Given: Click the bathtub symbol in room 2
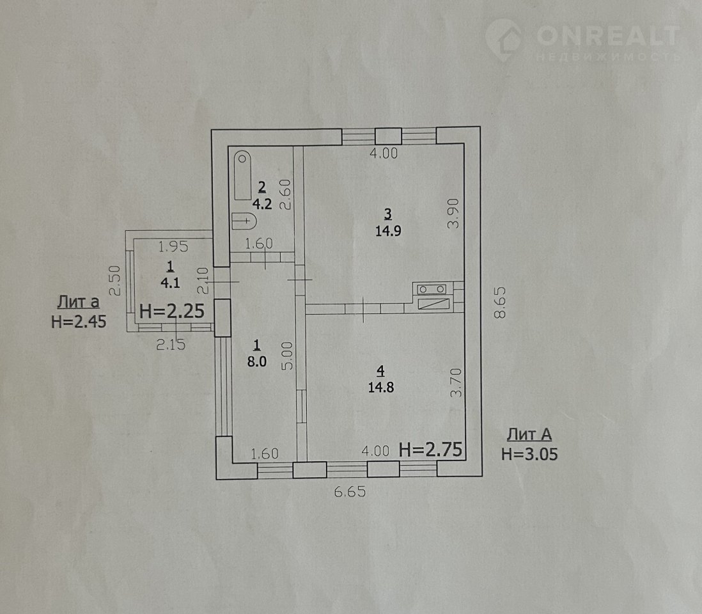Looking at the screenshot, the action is click(243, 175).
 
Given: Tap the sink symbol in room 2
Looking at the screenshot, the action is click(244, 221).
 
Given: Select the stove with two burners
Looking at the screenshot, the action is click(432, 289).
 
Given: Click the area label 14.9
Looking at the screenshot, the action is click(388, 231).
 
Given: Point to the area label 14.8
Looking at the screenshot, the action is click(381, 387).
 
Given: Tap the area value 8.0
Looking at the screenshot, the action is click(257, 361).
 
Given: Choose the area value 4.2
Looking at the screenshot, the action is click(262, 204).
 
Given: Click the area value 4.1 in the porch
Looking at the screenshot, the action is click(170, 283).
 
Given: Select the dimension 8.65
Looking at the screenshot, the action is click(499, 303).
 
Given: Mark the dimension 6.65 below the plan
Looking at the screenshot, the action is click(350, 492).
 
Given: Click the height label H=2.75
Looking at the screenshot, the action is click(430, 450).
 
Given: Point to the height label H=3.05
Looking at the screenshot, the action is click(529, 454).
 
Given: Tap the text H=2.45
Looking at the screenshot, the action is click(79, 322).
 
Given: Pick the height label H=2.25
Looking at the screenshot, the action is click(173, 311).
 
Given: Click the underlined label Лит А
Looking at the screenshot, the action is click(529, 434).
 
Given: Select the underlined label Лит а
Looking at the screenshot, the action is click(79, 303).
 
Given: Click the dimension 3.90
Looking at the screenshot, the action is click(454, 214).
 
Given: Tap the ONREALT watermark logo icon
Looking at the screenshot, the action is click(504, 40).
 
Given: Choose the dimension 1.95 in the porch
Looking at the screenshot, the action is click(174, 246).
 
